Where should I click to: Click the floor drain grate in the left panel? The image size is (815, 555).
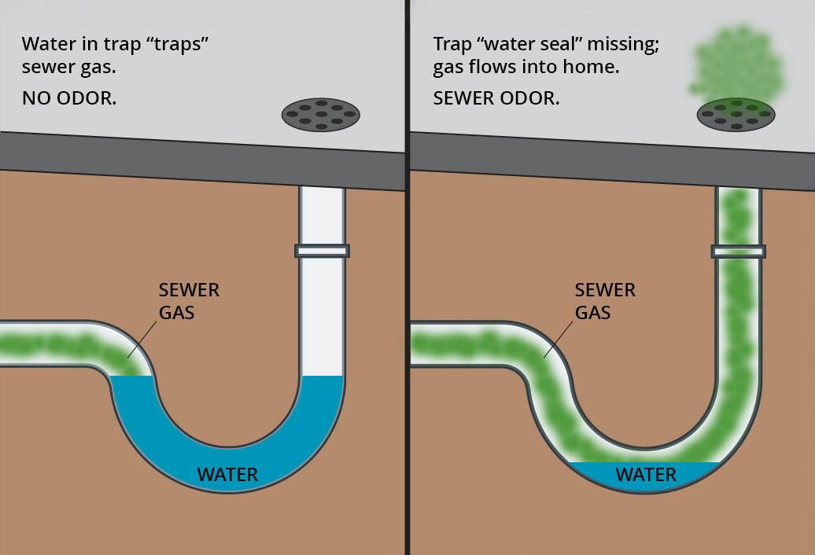point(321,115)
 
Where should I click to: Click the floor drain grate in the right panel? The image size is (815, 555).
point(736,115)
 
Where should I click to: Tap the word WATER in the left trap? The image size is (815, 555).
point(227,475)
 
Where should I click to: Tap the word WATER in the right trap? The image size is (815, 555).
point(646,475)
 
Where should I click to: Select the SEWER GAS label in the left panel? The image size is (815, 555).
point(189,301)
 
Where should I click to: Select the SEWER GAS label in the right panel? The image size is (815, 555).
point(605,301)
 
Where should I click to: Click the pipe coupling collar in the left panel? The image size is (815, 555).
point(322,251)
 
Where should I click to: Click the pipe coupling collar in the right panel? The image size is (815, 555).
point(738,251)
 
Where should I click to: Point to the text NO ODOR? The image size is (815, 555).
point(69,100)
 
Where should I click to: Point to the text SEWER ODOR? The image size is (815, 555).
point(496,99)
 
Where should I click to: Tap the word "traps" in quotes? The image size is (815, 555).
point(180,44)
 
